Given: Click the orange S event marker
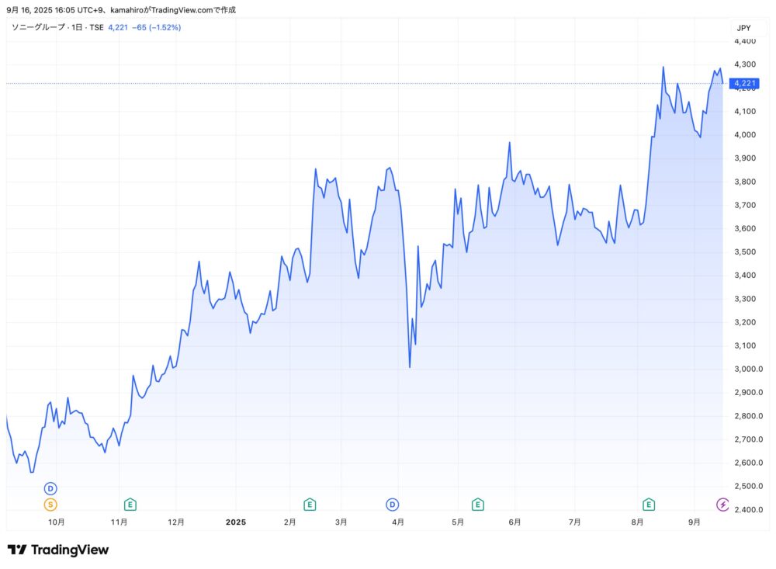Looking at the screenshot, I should pos(50,505).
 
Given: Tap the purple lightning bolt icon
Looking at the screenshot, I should pos(723,505).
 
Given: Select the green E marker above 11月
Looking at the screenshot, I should pos(130,505).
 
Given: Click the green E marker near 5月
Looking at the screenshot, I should pos(478,505).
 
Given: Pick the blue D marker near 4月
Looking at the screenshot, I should pos(393,505).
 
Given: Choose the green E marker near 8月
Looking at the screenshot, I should pos(649,505).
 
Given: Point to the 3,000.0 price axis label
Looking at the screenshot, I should pos(748,370).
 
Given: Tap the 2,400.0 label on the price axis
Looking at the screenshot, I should pos(748,510).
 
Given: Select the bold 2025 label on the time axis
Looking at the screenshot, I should pos(235,522).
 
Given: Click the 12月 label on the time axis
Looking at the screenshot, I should pos(176,522).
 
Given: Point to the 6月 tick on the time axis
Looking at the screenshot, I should pos(514,522).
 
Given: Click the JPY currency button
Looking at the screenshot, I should pos(743,28).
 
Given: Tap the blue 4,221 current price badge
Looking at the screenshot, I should pos(744,83).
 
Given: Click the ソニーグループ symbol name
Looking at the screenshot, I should pos(38,28).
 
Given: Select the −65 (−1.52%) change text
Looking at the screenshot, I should pos(155,28).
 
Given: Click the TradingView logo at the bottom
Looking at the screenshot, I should pos(58,550).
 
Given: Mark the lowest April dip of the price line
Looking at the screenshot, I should pos(410,367).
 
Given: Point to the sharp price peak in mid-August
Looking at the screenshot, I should pos(663,67).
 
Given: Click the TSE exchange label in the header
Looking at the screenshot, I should pos(95,28).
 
